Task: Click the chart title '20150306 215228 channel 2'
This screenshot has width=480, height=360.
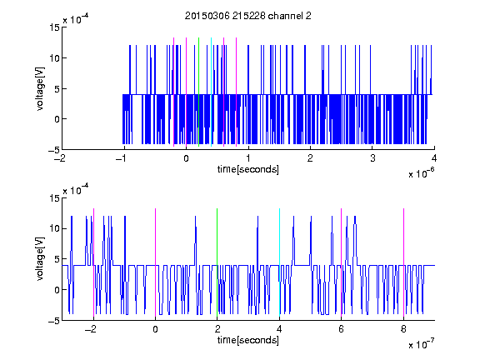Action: (248, 16)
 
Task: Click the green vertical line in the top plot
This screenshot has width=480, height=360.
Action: (198, 92)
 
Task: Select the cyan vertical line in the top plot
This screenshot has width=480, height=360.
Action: (211, 92)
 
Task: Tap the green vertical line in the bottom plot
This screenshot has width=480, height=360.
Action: (217, 263)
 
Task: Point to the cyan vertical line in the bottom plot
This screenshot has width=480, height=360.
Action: (279, 263)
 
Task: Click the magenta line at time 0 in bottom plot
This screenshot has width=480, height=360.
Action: (155, 263)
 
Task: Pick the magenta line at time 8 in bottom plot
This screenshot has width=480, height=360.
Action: (403, 263)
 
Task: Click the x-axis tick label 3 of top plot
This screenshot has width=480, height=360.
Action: (372, 158)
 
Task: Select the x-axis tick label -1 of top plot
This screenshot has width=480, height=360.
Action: (121, 158)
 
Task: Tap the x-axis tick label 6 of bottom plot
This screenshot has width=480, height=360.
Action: (341, 329)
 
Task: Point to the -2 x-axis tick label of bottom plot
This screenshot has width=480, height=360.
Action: (90, 329)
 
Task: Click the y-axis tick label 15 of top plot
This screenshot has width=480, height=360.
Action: (54, 27)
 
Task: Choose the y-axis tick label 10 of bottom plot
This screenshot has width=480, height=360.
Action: (54, 228)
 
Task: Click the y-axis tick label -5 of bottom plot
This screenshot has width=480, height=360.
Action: (54, 321)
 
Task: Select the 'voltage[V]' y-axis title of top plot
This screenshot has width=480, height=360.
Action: (40, 89)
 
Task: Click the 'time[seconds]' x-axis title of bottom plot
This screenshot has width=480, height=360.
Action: (248, 340)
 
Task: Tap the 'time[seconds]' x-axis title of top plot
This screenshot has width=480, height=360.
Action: (248, 169)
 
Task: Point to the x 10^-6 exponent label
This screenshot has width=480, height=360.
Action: (422, 172)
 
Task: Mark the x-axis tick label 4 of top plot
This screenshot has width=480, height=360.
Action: (434, 158)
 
